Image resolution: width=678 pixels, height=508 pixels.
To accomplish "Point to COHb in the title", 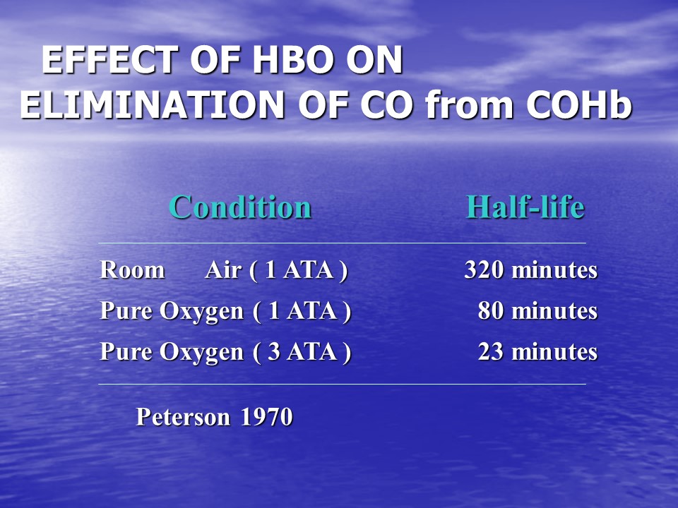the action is tap(579, 105).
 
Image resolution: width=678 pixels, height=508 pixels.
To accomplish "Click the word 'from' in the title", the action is tap(469, 105).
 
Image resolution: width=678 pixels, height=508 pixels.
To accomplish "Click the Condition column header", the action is tap(240, 207).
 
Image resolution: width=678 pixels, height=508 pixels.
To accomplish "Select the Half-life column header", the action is tap(525, 207).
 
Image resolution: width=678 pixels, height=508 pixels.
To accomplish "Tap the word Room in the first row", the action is tap(132, 270).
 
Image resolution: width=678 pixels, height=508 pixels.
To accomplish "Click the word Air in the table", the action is tap(223, 270).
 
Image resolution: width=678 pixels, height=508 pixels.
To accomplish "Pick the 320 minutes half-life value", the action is tap(531, 270).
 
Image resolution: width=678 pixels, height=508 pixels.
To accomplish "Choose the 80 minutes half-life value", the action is tap(538, 310).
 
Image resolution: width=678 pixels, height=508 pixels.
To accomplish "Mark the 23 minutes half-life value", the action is tap(538, 351).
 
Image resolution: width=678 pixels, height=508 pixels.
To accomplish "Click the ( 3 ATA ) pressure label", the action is tap(302, 352).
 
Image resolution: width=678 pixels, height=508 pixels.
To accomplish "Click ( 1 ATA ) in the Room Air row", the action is tap(298, 271).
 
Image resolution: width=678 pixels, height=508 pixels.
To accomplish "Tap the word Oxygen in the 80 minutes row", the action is tap(201, 312).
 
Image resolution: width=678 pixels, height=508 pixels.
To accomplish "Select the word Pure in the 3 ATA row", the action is tap(126, 351).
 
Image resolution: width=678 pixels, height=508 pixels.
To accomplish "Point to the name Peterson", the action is tap(183, 417).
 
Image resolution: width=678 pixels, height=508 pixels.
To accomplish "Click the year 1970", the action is tap(267, 417).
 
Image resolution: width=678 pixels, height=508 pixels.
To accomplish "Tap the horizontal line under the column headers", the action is tap(342, 243).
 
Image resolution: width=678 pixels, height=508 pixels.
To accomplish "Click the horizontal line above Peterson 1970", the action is tap(342, 384).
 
